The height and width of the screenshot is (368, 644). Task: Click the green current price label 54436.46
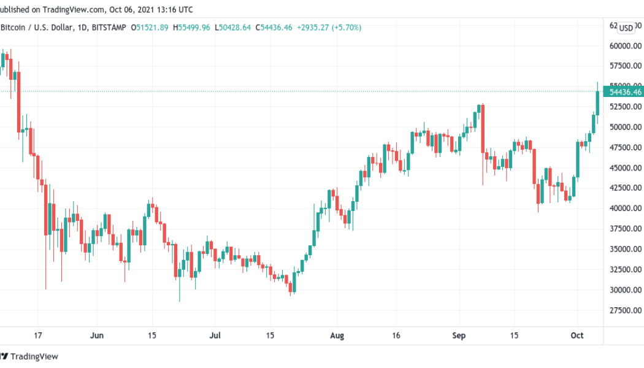pos(626,92)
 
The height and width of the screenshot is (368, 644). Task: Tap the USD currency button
pos(626,28)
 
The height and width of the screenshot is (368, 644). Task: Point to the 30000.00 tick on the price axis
pos(626,289)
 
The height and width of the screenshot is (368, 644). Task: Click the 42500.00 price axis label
pos(626,188)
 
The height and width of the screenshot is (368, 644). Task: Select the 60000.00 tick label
pos(626,45)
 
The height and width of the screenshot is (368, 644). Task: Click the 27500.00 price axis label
pos(626,310)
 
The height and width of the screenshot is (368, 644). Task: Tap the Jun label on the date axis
pos(96,335)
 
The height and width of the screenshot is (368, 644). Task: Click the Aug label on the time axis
pos(337,335)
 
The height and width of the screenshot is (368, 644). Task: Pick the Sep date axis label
pos(459,335)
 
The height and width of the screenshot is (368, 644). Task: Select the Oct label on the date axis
pos(576,335)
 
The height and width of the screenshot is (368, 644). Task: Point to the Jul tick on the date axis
pos(215,335)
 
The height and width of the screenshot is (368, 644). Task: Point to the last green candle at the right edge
pos(597,102)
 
